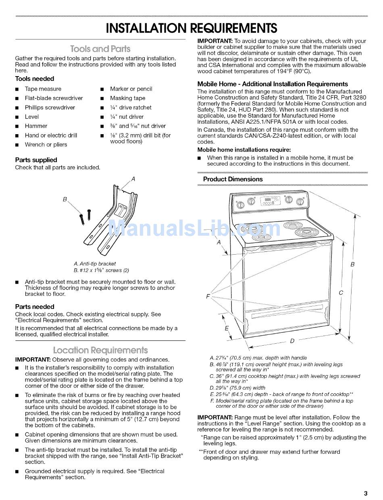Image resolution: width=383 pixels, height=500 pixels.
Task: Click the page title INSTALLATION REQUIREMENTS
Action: click(191, 28)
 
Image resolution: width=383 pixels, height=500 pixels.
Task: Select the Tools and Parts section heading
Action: click(100, 49)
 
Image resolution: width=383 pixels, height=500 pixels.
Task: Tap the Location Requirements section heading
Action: click(100, 350)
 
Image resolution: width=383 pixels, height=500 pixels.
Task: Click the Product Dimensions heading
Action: click(233, 179)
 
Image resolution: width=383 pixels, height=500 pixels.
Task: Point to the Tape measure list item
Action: click(43, 89)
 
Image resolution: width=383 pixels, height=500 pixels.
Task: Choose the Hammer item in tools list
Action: click(36, 126)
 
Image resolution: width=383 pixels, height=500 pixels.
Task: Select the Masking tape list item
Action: click(127, 98)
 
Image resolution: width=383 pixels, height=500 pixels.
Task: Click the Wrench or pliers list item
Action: click(46, 145)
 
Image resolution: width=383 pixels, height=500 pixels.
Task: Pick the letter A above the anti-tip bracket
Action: click(133, 179)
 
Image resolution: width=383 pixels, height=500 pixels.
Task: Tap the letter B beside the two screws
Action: click(65, 199)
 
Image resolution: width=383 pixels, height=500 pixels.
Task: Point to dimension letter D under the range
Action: click(292, 341)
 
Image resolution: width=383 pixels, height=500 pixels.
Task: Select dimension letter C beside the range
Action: click(341, 293)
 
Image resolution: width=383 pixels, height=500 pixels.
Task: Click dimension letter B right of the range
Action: click(352, 265)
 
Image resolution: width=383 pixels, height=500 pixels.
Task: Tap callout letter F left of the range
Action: click(208, 297)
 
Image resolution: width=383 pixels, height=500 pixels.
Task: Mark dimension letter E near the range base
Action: click(226, 328)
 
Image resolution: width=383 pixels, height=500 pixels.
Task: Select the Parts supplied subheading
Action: click(36, 160)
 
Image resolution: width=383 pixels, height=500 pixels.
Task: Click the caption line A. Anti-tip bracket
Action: click(95, 264)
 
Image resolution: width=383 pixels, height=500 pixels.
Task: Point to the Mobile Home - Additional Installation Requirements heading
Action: click(273, 84)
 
